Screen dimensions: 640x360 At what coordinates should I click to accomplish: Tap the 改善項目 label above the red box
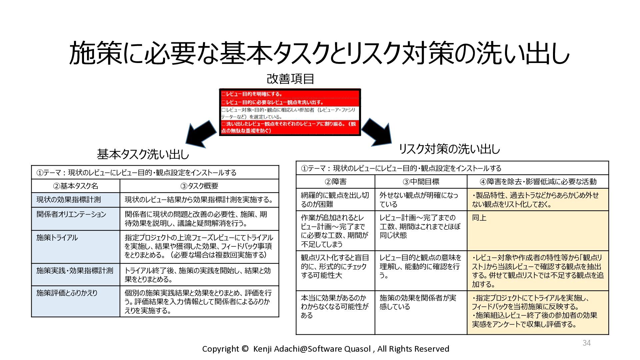click(x=290, y=79)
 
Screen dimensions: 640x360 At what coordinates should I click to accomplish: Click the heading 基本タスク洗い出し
click(x=143, y=154)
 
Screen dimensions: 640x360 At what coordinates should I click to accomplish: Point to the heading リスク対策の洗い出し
click(x=449, y=149)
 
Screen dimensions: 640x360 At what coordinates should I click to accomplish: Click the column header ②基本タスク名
click(x=76, y=186)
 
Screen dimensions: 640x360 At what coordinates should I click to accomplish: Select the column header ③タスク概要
click(x=199, y=186)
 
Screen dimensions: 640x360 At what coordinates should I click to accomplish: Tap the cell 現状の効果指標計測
click(x=69, y=200)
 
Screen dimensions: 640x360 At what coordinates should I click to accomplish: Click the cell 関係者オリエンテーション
click(x=71, y=214)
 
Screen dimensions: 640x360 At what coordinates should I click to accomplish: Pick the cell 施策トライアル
click(x=57, y=238)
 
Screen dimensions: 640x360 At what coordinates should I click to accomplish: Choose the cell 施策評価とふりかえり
click(x=67, y=293)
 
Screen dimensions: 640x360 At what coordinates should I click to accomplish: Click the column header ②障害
click(x=335, y=182)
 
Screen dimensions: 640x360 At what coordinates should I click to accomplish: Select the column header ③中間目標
click(x=421, y=182)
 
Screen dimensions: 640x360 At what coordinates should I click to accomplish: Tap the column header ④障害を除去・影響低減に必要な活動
click(x=538, y=182)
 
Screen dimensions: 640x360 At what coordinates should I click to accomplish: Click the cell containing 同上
click(x=479, y=218)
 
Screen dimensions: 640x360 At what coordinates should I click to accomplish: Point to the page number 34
click(x=587, y=343)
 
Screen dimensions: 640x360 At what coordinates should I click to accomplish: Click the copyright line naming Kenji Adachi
click(x=325, y=349)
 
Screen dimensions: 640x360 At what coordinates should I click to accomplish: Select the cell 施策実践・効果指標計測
click(x=75, y=271)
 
